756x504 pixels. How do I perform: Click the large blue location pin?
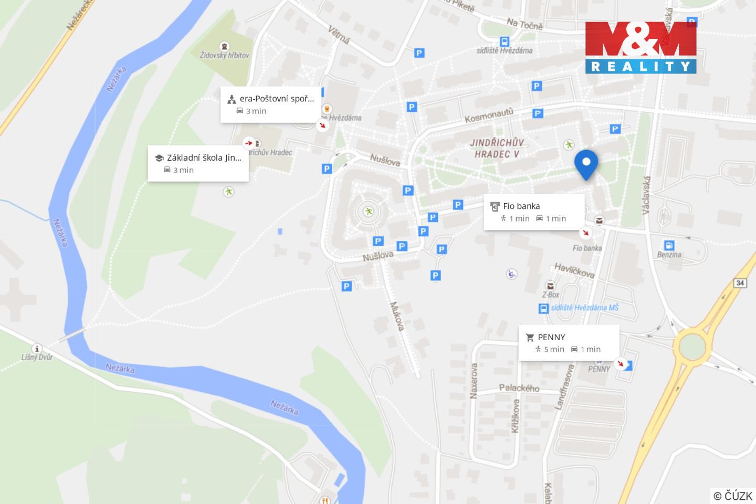click(x=586, y=163)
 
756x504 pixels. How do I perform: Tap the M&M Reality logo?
click(x=640, y=47)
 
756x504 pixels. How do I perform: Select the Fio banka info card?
click(x=533, y=212)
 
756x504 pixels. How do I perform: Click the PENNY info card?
click(x=569, y=343)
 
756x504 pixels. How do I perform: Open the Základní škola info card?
click(x=198, y=163)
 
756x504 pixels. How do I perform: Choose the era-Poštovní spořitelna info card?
click(x=270, y=104)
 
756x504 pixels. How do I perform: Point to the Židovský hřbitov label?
click(x=224, y=55)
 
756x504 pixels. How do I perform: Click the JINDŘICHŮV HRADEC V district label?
click(x=497, y=148)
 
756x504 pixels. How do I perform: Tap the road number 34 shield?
click(x=740, y=283)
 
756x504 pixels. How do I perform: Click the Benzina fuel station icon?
click(x=669, y=245)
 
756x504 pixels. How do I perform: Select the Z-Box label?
click(x=550, y=295)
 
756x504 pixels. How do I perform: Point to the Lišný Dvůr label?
click(x=37, y=357)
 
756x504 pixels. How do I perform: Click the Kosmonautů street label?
click(x=489, y=115)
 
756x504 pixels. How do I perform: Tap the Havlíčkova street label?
click(x=574, y=270)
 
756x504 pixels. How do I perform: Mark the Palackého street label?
click(x=519, y=388)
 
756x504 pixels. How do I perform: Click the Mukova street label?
click(x=396, y=316)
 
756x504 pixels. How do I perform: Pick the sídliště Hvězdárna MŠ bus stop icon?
click(x=543, y=308)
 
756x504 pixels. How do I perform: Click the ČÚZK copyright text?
click(x=733, y=496)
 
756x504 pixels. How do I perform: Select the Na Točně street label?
click(x=524, y=24)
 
